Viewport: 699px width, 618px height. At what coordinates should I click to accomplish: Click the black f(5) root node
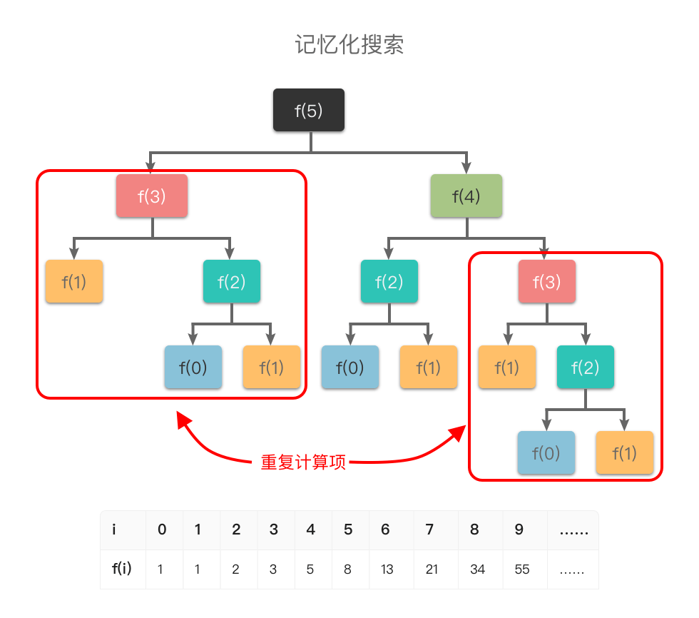tap(309, 110)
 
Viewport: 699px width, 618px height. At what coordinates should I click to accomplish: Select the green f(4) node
tap(466, 196)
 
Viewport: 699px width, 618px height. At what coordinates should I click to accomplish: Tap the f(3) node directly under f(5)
tap(152, 196)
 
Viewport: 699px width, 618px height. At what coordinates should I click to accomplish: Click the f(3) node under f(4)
tap(547, 281)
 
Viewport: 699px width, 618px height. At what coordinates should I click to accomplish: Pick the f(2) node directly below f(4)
tap(389, 281)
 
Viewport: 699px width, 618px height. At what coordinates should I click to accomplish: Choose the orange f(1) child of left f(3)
tap(74, 281)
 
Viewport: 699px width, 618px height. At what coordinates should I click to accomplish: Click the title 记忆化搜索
tap(349, 44)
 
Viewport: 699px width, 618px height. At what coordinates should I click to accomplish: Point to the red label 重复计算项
tap(303, 462)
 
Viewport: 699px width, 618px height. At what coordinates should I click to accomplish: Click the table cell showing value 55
tap(522, 569)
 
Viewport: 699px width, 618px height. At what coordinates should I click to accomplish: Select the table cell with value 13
tap(387, 569)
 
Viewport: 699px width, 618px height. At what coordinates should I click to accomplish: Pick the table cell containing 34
tap(478, 569)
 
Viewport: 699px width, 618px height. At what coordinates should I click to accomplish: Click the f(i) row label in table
tap(121, 569)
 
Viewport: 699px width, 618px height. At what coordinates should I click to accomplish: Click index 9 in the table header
tap(519, 530)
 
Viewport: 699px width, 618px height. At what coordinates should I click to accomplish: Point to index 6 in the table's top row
tap(386, 530)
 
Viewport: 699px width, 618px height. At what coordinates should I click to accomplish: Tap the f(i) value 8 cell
tap(347, 569)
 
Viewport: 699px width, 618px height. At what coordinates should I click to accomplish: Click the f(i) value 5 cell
tap(310, 569)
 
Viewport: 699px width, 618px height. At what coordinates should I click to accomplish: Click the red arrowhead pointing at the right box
tap(459, 432)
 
